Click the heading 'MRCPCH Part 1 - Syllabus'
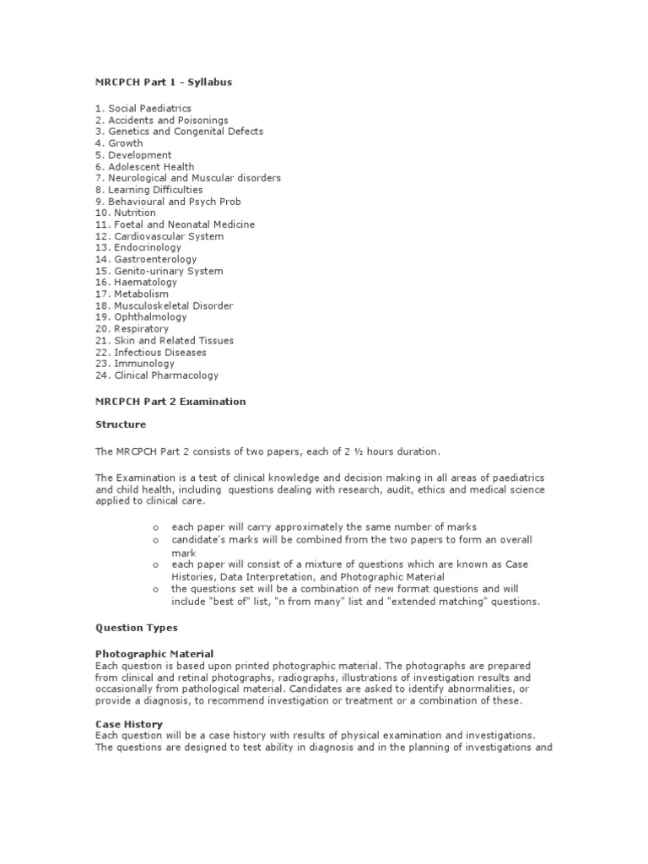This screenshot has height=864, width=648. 163,82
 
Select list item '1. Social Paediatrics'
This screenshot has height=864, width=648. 143,109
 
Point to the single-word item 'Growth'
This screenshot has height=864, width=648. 126,143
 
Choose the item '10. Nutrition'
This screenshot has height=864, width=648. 126,213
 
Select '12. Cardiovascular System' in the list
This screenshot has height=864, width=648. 159,236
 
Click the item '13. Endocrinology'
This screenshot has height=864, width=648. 138,248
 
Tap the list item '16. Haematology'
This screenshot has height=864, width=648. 135,283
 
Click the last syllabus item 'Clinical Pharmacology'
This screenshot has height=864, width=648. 166,375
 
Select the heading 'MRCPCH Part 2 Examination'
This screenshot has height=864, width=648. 170,402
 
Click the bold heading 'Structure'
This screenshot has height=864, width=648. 121,424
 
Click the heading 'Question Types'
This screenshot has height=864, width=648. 137,628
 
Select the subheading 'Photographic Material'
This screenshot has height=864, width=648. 154,654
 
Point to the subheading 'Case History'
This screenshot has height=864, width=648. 129,724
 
